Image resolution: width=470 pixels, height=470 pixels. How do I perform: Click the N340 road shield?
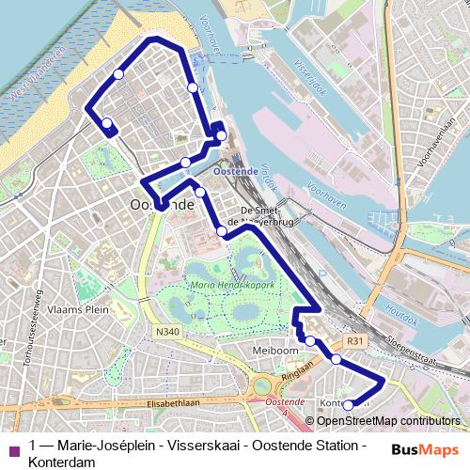coord(167,332)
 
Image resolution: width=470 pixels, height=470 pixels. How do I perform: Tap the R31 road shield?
coord(354,340)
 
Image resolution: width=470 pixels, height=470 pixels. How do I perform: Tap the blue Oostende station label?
coord(236,172)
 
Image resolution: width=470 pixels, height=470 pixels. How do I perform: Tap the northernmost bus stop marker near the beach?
coord(118,74)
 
